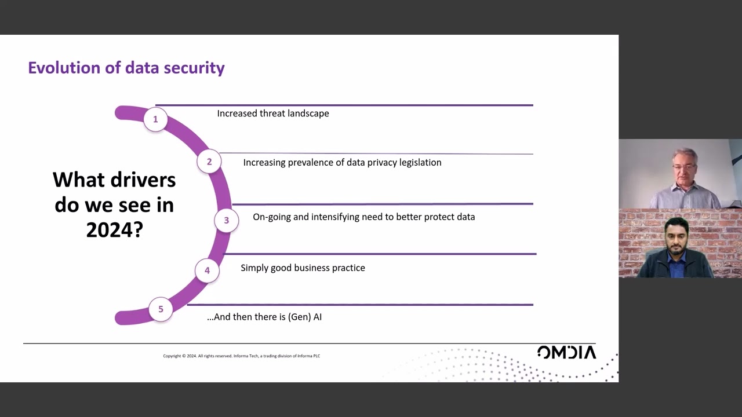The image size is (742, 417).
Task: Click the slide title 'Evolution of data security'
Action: pos(126,68)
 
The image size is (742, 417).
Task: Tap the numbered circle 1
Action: pos(155,119)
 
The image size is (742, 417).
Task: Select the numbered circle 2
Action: pos(209,162)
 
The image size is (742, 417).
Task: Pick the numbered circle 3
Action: pos(226,220)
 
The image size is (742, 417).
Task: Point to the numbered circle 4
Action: pos(207,270)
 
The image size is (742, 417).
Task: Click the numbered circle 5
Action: pos(161,309)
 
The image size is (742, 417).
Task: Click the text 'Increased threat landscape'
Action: pos(272,114)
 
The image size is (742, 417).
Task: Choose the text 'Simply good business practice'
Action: pos(303,268)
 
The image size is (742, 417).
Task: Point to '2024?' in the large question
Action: pos(114,230)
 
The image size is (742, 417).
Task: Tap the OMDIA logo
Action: pos(566,352)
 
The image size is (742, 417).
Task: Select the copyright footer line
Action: pos(241,356)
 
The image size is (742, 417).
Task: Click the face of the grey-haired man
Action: pos(684,167)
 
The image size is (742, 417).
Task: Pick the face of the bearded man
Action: pos(675,237)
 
